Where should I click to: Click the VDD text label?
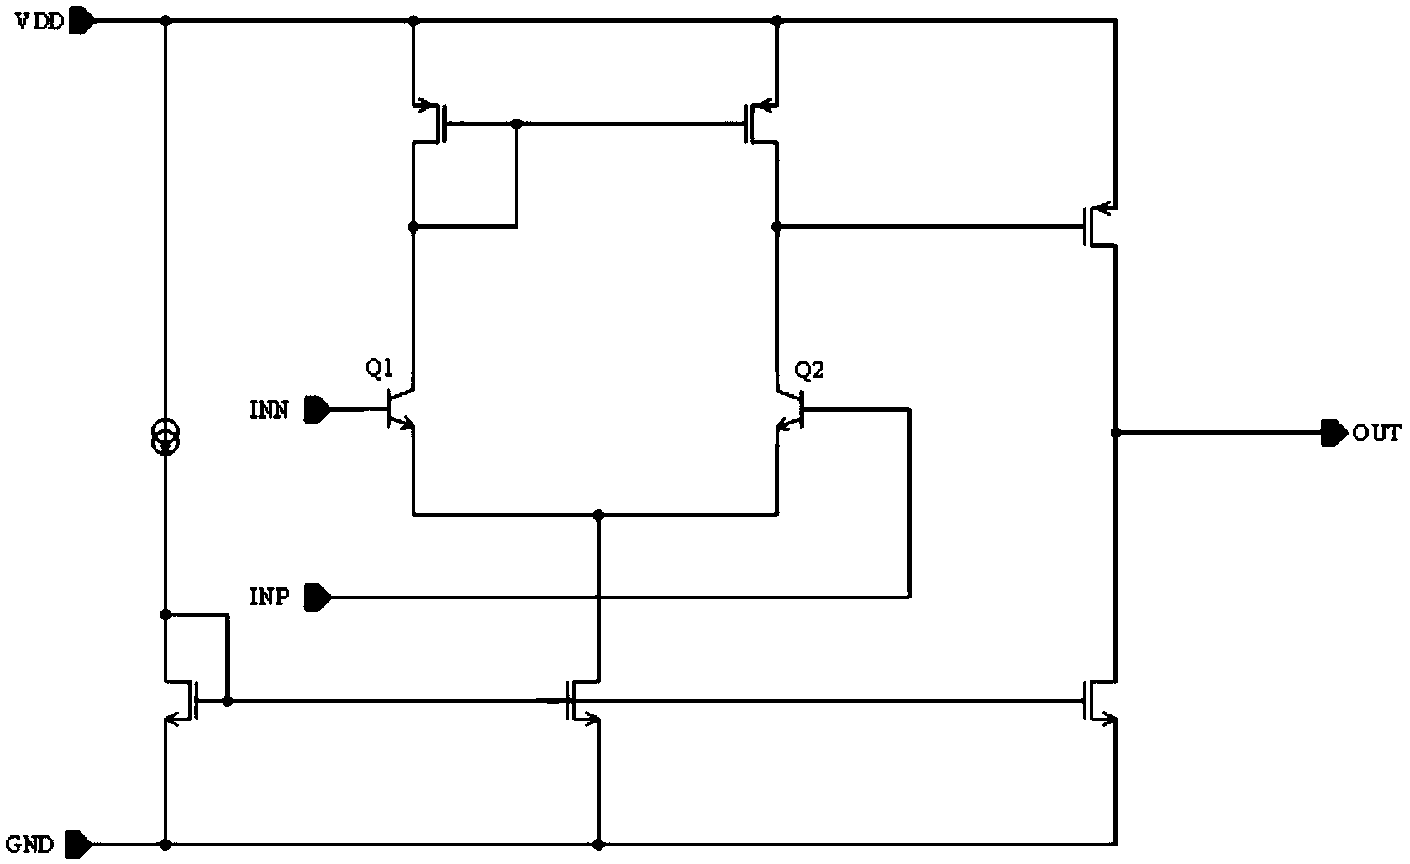[39, 22]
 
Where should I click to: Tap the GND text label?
[30, 844]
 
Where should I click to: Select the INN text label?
[270, 410]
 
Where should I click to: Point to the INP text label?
[270, 598]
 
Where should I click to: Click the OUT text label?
[1376, 434]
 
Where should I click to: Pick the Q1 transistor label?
[379, 368]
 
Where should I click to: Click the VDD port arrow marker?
[82, 21]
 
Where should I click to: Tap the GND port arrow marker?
[77, 843]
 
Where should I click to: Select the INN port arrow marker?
[318, 410]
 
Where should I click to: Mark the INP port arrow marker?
[318, 598]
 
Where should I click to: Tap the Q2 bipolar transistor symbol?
[791, 409]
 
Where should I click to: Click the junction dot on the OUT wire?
[1116, 433]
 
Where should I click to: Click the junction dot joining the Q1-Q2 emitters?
[598, 514]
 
